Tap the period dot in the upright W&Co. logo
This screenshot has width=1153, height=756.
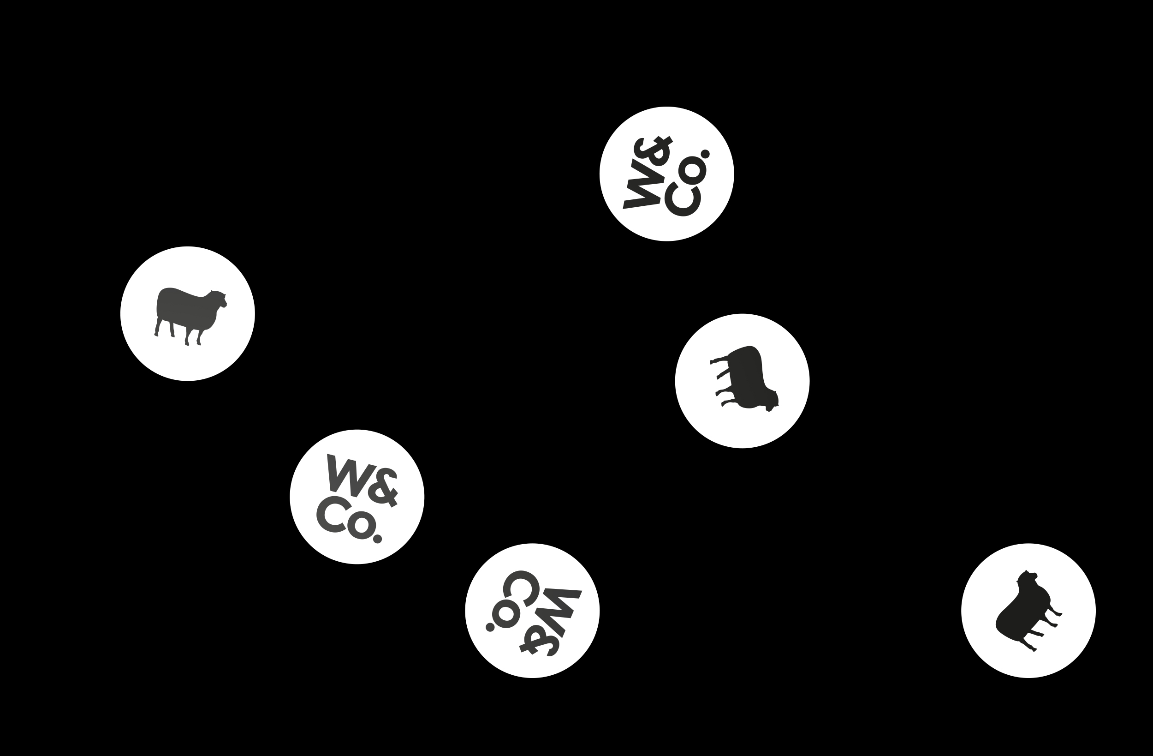point(378,539)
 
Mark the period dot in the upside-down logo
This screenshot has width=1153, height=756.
point(490,628)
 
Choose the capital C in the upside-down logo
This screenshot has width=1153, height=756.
point(521,589)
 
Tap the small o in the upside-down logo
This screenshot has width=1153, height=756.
point(506,614)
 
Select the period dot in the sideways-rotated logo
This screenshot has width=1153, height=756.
point(705,154)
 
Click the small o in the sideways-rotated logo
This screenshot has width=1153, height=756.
point(692,171)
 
